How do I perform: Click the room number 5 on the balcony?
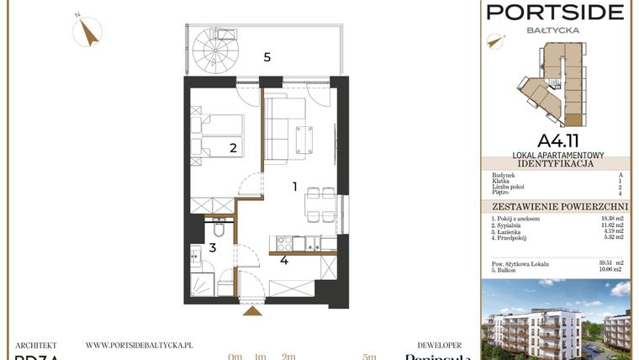(267, 57)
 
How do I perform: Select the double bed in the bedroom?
(218, 135)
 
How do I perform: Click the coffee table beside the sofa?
(304, 140)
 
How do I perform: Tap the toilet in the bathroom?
(217, 228)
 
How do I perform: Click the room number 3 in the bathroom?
(213, 247)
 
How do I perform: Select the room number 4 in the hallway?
(284, 261)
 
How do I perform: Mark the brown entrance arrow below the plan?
(251, 311)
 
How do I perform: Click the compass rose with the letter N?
(87, 31)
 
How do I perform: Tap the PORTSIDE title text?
(556, 12)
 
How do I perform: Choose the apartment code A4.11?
(556, 140)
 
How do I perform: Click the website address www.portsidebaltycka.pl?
(140, 345)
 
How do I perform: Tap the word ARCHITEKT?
(36, 345)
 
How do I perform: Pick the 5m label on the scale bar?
(368, 357)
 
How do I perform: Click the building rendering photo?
(556, 320)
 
